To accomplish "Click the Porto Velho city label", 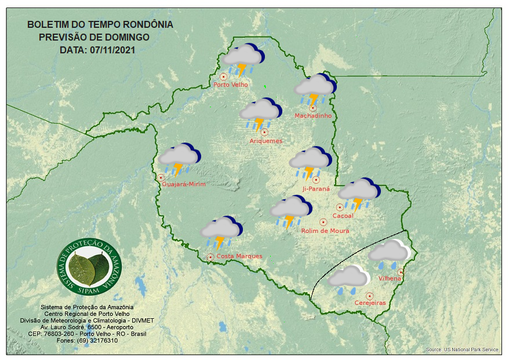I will (x=231, y=85).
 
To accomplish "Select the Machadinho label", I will (x=313, y=116).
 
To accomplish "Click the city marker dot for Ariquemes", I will (x=264, y=132).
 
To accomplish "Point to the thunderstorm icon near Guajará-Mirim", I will (x=179, y=158).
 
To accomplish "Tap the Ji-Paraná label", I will (x=316, y=188).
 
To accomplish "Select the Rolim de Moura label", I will (x=325, y=231).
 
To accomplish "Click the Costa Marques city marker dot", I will (x=210, y=257).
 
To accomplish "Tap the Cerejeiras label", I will (x=370, y=303).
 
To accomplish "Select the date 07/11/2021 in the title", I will (x=113, y=50).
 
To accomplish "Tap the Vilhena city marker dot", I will (x=401, y=272).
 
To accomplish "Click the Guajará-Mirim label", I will (x=184, y=184).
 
